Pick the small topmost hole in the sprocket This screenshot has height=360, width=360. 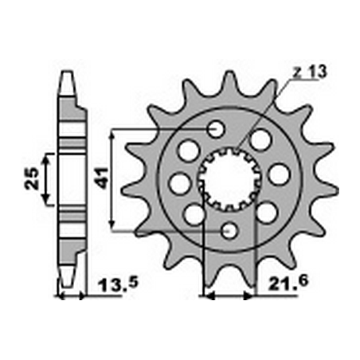tap(215, 129)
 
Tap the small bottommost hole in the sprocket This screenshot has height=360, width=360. tap(231, 230)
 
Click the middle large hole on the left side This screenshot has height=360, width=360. tap(180, 183)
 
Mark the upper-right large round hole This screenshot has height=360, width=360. tap(260, 140)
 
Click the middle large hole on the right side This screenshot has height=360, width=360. tap(278, 173)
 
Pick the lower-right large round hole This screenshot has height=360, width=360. tap(267, 211)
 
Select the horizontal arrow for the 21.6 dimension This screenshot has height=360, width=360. tap(229, 298)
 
